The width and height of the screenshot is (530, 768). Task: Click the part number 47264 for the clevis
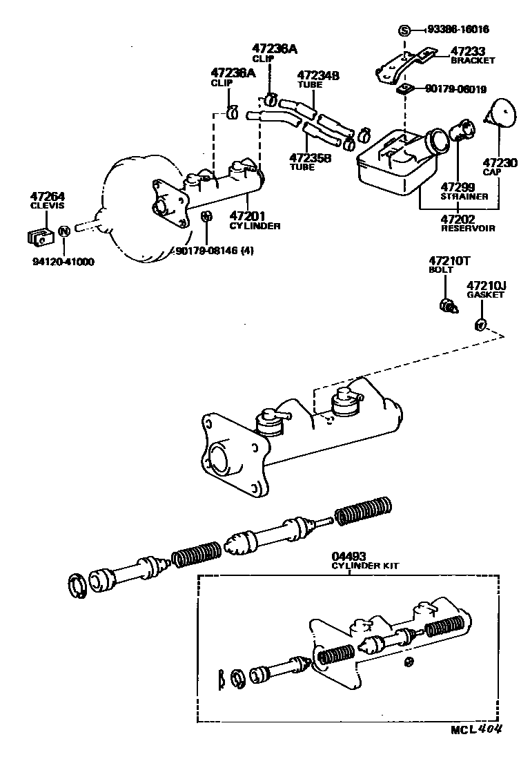[46, 196]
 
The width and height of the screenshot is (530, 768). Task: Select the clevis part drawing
[41, 235]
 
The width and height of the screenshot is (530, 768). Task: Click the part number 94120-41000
[63, 262]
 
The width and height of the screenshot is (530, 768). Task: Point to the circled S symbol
[405, 30]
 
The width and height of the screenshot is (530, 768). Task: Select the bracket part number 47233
[468, 51]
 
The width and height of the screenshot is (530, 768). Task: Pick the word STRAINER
[464, 196]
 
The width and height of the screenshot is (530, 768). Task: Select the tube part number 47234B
[318, 76]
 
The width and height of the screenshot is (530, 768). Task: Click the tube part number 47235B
[311, 157]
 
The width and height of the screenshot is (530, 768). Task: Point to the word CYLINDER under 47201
[255, 226]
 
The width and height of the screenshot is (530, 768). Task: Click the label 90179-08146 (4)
[215, 251]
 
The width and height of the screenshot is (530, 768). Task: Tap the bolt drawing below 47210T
[448, 305]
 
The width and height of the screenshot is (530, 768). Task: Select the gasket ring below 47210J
[481, 325]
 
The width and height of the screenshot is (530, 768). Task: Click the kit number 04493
[349, 555]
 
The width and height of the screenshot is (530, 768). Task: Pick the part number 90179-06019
[456, 88]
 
